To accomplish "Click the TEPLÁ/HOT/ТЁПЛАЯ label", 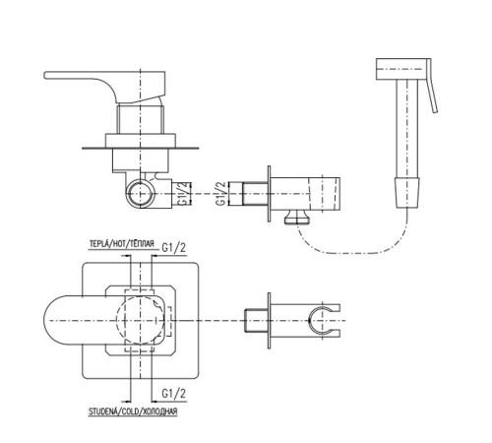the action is (122, 244).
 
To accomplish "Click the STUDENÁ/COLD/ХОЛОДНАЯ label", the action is (133, 411).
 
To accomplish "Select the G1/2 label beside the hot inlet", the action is (174, 247).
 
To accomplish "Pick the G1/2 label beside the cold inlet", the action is (174, 393).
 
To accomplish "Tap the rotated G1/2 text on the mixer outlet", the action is (184, 193).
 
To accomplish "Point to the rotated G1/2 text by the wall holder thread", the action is (221, 193).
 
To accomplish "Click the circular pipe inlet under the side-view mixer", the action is (141, 194).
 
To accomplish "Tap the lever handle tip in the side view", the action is (46, 75).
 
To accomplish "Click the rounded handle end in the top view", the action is (49, 320).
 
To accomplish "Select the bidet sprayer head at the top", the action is (401, 69).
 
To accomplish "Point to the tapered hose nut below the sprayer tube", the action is (407, 193).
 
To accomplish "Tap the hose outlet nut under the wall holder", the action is (297, 217).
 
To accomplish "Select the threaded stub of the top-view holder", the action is (257, 320).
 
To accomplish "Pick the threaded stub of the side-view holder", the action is (255, 194).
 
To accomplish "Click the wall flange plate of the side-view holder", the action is (270, 194).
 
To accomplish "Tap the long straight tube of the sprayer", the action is (407, 128).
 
